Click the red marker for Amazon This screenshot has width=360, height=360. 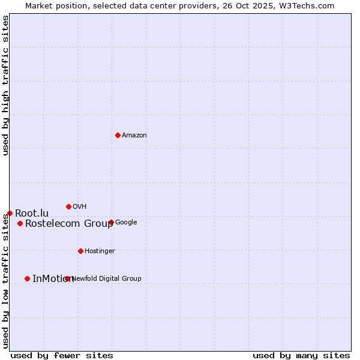click(x=118, y=135)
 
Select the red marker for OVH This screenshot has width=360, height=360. click(x=68, y=206)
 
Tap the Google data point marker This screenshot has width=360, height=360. click(x=111, y=222)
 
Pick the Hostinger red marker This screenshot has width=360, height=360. click(x=80, y=251)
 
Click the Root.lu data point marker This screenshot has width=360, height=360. click(x=10, y=213)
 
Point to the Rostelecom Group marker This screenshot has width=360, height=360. click(x=20, y=223)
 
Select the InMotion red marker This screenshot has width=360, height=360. click(x=27, y=278)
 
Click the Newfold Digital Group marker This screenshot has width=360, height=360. click(x=67, y=278)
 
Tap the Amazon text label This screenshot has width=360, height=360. click(x=134, y=135)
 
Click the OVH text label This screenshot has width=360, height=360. click(x=80, y=206)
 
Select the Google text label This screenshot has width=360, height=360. click(x=126, y=222)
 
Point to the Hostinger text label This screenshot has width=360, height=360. click(x=100, y=251)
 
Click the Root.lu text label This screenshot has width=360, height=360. click(x=32, y=213)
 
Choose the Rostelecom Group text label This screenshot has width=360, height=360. click(x=69, y=224)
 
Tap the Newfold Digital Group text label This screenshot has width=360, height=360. click(x=107, y=278)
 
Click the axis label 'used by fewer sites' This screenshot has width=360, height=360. click(x=62, y=355)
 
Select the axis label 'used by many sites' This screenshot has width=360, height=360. click(x=301, y=355)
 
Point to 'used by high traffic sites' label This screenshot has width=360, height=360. click(x=5, y=85)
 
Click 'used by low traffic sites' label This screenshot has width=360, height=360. click(x=5, y=281)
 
